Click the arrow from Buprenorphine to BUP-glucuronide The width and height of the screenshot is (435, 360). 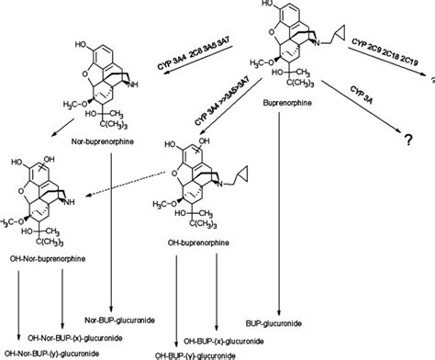pyautogui.click(x=278, y=220)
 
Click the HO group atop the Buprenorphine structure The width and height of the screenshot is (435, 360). pyautogui.click(x=267, y=6)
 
